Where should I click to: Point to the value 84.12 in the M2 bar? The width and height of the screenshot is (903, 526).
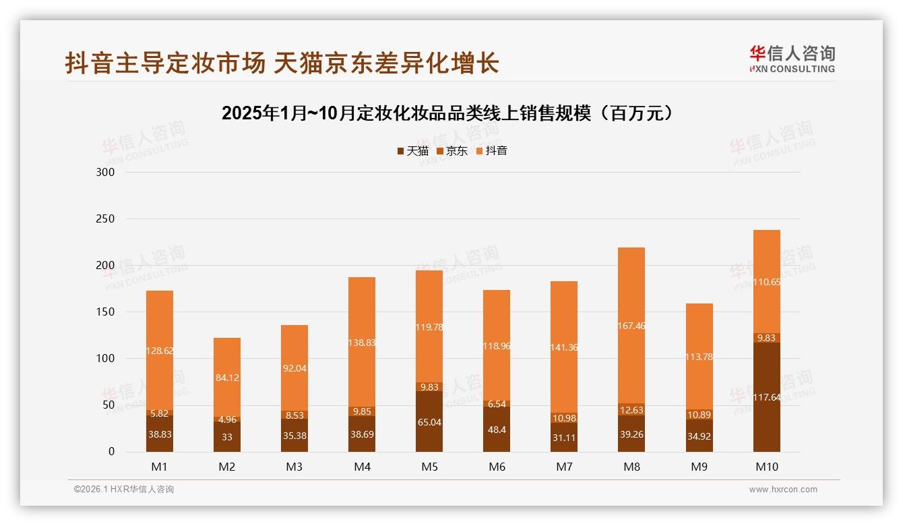point(227,377)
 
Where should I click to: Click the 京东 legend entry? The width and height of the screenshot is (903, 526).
point(452,151)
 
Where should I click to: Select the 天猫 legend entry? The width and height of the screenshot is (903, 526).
point(412,151)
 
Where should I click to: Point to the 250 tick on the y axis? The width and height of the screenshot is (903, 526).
point(106,219)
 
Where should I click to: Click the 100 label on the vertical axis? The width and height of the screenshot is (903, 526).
point(106,359)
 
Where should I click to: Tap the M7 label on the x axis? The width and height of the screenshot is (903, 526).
point(564,467)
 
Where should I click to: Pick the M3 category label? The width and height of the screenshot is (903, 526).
point(294,467)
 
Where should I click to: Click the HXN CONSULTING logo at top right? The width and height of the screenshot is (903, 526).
point(792,59)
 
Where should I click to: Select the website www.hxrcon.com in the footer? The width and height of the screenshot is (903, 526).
point(783,490)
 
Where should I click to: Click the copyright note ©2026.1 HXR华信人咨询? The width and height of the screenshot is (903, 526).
point(124,490)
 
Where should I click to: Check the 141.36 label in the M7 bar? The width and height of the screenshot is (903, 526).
point(564,348)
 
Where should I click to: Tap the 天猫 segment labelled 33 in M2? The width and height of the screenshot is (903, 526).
point(227,437)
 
